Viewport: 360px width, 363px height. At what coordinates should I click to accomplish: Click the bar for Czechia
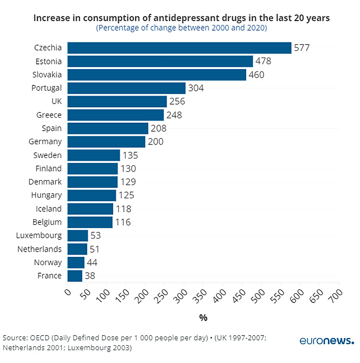pyautogui.click(x=179, y=48)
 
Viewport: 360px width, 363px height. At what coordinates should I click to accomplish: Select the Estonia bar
pyautogui.click(x=160, y=61)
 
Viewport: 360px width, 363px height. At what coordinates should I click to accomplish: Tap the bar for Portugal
pyautogui.click(x=126, y=88)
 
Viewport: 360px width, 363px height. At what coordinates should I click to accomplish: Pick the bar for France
pyautogui.click(x=75, y=276)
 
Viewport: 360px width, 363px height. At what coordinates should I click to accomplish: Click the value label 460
pyautogui.click(x=256, y=75)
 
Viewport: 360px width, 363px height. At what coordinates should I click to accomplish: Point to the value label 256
pyautogui.click(x=177, y=101)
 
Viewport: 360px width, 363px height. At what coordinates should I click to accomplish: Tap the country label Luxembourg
pyautogui.click(x=39, y=235)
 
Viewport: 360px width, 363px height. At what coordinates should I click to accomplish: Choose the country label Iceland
pyautogui.click(x=49, y=209)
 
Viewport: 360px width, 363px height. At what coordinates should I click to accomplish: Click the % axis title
pyautogui.click(x=203, y=318)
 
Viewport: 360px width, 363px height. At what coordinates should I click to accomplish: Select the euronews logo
pyautogui.click(x=327, y=341)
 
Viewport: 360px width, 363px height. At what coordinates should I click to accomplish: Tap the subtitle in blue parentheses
pyautogui.click(x=181, y=28)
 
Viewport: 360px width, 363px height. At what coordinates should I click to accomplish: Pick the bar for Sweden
pyautogui.click(x=94, y=155)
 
